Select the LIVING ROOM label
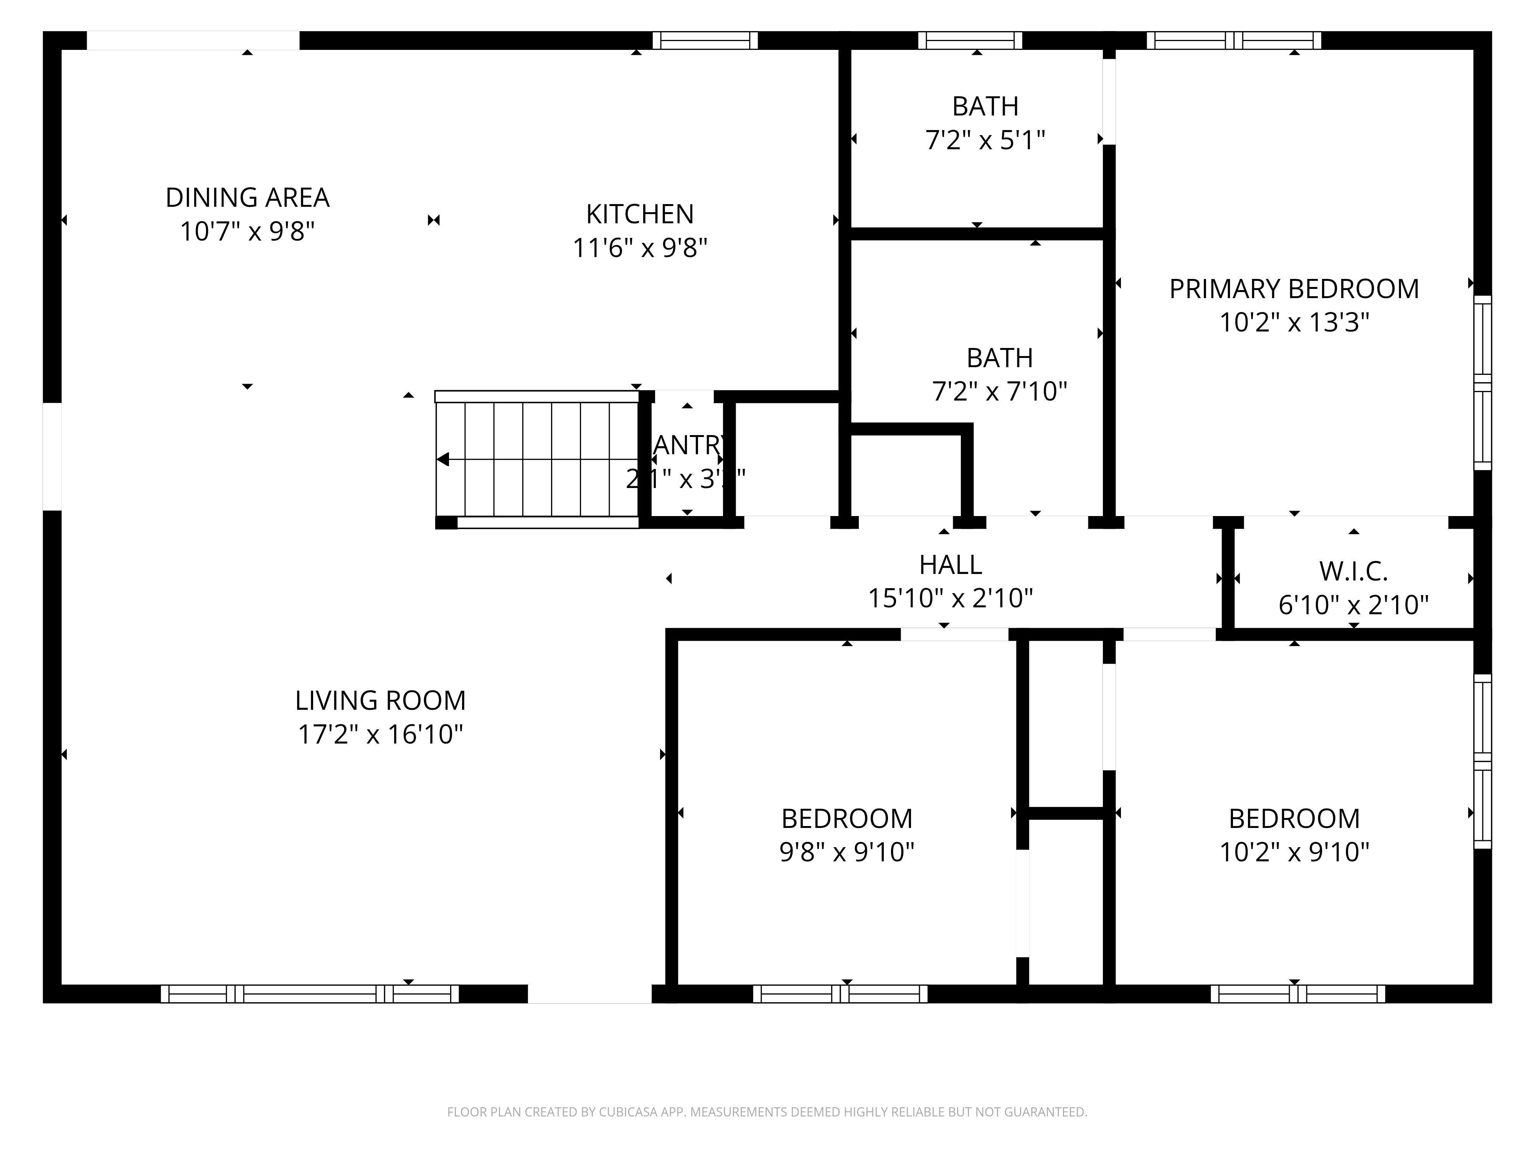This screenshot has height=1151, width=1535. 380,701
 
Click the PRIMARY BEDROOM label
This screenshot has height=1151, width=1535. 1294,289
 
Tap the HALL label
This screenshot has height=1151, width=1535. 950,565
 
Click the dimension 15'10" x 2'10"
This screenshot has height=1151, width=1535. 950,598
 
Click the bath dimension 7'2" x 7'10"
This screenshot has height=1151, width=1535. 999,391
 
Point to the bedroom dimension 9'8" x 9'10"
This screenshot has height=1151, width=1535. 847,852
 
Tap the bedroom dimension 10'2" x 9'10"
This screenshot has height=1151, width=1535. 1294,852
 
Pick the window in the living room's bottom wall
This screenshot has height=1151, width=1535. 310,994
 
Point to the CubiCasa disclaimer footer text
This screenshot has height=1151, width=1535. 767,1112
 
